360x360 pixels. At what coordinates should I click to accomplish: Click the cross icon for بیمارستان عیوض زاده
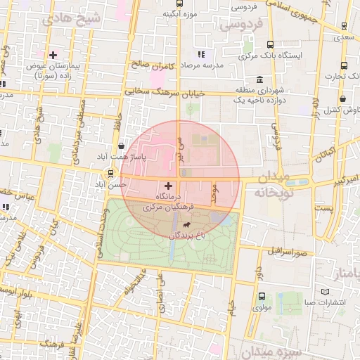coord(53,55)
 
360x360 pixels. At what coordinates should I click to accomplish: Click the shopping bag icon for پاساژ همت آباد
coord(122,146)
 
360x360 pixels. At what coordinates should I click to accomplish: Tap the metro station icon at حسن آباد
coord(110,173)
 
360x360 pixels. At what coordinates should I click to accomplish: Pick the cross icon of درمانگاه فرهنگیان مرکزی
coord(167,185)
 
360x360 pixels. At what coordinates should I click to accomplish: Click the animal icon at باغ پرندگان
coord(187,225)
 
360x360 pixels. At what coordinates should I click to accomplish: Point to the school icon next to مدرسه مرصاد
coord(200,53)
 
